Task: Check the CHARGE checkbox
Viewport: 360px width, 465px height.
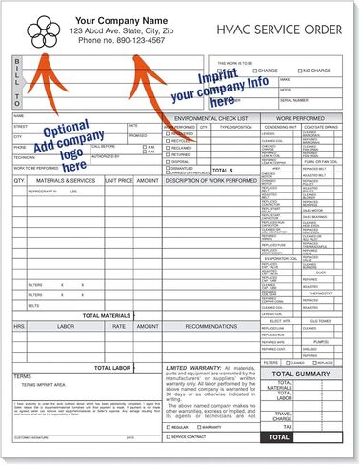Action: point(247,71)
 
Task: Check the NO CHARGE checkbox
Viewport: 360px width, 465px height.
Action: point(297,71)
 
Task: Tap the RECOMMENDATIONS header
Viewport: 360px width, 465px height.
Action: point(210,326)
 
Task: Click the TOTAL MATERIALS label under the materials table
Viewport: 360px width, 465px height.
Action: point(107,315)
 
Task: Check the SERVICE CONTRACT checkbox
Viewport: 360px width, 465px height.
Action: point(169,435)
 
